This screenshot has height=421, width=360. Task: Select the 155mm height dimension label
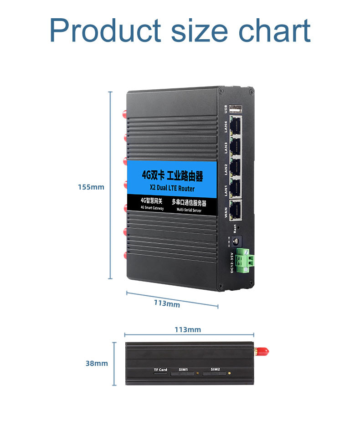pos(91,187)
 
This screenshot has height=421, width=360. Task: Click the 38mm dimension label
pos(97,363)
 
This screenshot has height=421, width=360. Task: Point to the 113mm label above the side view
pos(188,329)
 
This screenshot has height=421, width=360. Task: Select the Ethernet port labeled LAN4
pos(236,125)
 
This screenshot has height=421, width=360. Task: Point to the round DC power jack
pos(237,241)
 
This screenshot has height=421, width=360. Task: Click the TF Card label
pos(160,369)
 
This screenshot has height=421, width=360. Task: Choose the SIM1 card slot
pos(183,374)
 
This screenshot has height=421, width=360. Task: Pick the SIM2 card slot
pos(215,374)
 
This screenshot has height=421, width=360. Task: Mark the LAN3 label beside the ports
pos(226,147)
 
